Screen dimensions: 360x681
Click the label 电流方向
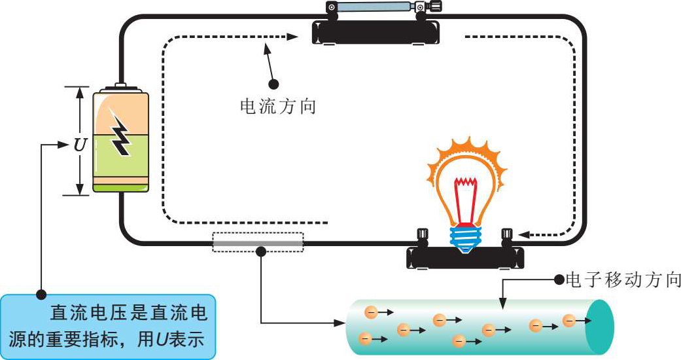pos(279,106)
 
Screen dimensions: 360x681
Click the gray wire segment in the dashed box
pos(258,242)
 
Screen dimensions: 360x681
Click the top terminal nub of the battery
pos(121,86)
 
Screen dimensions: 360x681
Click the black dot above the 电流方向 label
pos(274,84)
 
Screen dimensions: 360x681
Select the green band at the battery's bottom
pos(121,188)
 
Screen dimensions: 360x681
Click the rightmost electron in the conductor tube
pos(569,321)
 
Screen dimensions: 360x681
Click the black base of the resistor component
pos(376,31)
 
